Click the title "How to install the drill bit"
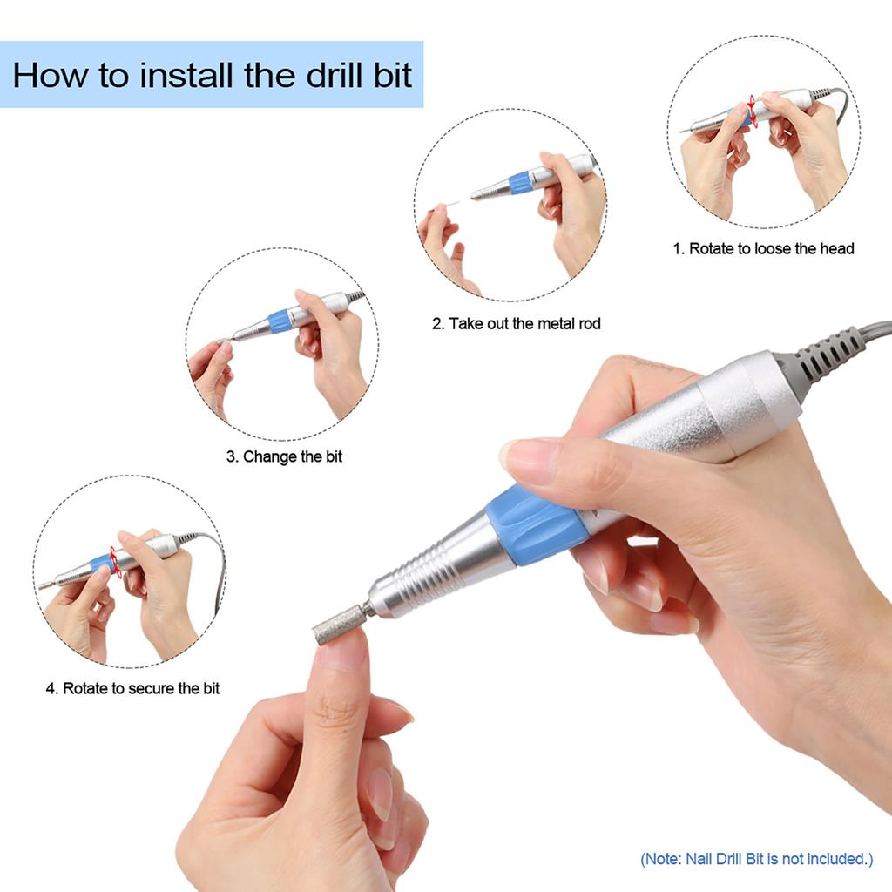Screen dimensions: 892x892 click(212, 75)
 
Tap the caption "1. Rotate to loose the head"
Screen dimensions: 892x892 click(763, 248)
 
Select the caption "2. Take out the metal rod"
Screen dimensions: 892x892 click(517, 324)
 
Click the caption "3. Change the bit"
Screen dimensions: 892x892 click(284, 456)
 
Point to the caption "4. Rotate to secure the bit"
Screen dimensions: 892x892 click(132, 688)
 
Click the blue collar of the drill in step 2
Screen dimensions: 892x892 click(520, 182)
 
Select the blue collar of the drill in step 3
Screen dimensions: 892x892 click(280, 321)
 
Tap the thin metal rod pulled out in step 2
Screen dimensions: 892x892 click(452, 203)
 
